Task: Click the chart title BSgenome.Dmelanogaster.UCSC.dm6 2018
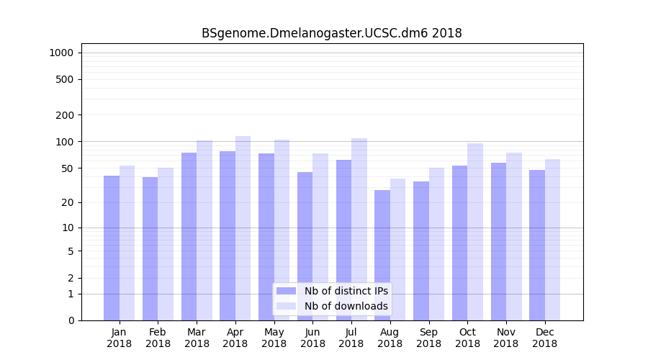point(331,33)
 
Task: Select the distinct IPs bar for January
point(112,248)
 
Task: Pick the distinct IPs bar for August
point(382,255)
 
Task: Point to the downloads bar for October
point(474,232)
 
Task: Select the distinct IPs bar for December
point(537,245)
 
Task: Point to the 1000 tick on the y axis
point(60,53)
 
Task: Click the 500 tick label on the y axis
point(65,79)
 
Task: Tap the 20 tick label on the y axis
point(67,202)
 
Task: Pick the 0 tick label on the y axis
point(70,320)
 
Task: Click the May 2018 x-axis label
point(274,338)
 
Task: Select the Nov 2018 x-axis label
point(506,338)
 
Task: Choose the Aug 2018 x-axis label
point(390,338)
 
